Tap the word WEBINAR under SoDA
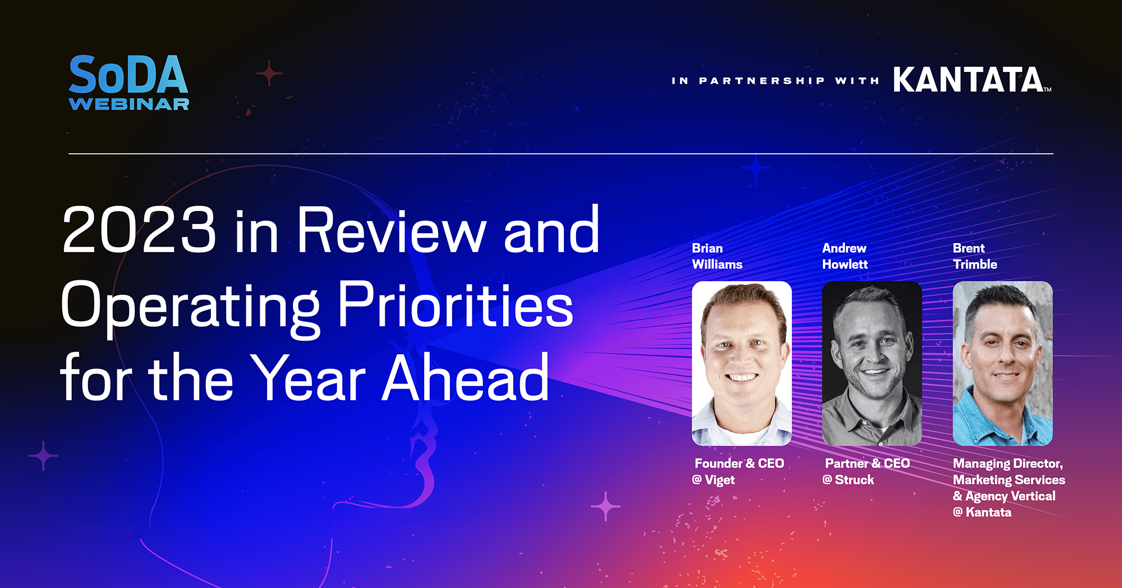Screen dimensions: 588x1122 pyautogui.click(x=128, y=104)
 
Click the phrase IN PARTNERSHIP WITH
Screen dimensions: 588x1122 pyautogui.click(x=775, y=81)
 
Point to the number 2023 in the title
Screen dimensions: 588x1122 pyautogui.click(x=139, y=230)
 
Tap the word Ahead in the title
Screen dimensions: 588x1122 pyautogui.click(x=465, y=379)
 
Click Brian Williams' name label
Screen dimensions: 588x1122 pyautogui.click(x=716, y=256)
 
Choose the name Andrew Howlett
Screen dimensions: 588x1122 pyautogui.click(x=844, y=256)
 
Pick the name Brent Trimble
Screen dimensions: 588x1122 pyautogui.click(x=974, y=256)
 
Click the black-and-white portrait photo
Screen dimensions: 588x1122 pyautogui.click(x=871, y=363)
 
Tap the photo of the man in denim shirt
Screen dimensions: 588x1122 pyautogui.click(x=1002, y=363)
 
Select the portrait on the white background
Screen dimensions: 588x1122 pyautogui.click(x=741, y=363)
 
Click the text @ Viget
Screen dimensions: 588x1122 pyautogui.click(x=713, y=480)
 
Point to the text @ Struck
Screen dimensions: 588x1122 pyautogui.click(x=848, y=480)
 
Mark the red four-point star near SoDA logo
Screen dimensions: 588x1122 pyautogui.click(x=269, y=73)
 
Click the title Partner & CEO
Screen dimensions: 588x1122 pyautogui.click(x=867, y=464)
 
